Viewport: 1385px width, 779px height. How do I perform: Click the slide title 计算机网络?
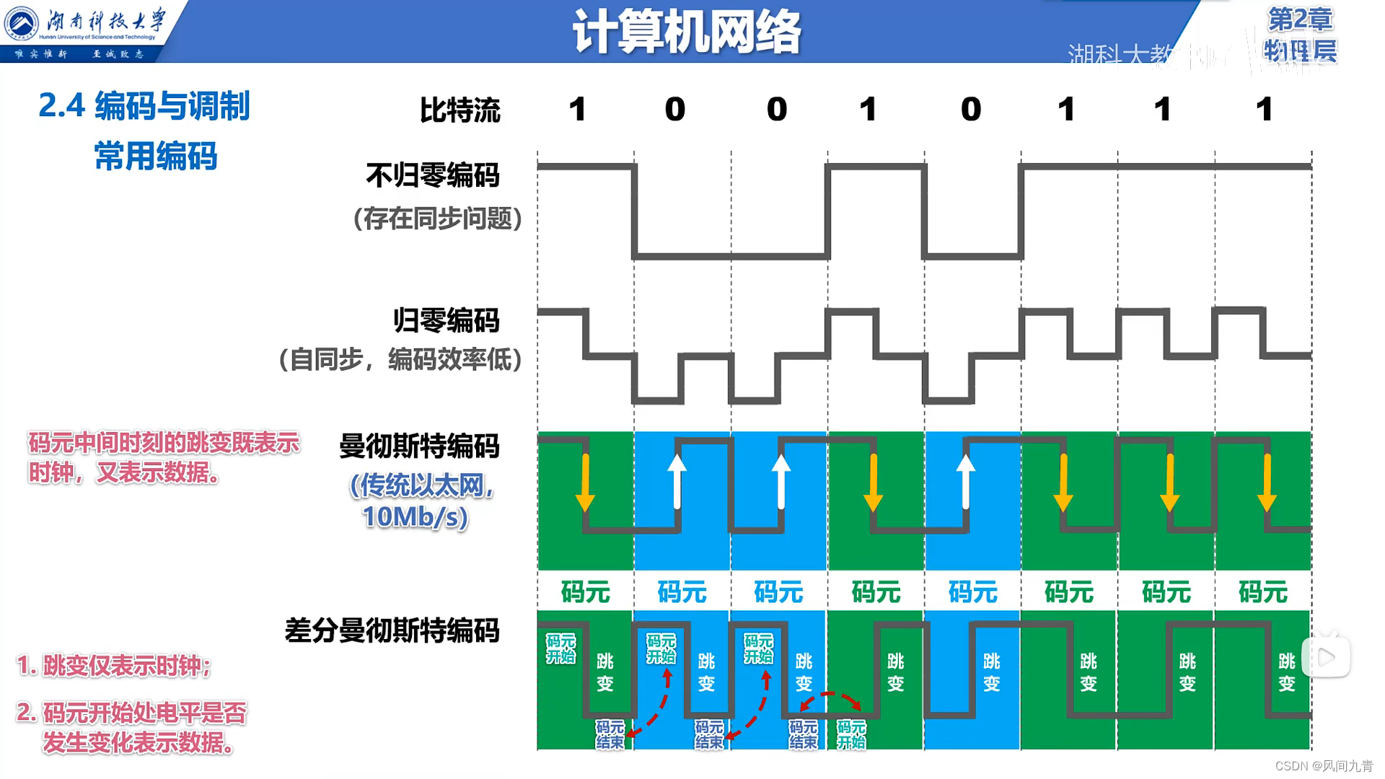[x=686, y=32]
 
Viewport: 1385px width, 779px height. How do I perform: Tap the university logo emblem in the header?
[x=21, y=23]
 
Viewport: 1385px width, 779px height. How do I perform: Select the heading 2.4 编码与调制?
[x=144, y=106]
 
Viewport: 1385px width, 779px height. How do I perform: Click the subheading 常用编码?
[x=155, y=157]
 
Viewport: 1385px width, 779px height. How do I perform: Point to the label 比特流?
[x=460, y=110]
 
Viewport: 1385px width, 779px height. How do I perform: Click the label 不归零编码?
[x=432, y=175]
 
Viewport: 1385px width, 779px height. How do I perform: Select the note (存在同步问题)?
[x=437, y=219]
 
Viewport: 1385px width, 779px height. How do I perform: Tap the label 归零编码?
[x=446, y=320]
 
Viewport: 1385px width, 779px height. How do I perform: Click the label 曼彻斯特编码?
[x=419, y=446]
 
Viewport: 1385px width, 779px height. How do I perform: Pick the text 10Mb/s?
[x=415, y=517]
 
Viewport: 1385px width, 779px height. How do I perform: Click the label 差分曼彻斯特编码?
[x=392, y=631]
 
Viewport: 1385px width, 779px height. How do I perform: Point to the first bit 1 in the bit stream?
[x=577, y=110]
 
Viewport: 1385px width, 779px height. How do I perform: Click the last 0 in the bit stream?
[x=971, y=110]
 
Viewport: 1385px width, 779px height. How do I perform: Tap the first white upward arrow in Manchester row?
[x=677, y=481]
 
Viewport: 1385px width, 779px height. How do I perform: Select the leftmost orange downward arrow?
[x=585, y=483]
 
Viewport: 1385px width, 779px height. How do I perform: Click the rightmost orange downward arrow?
[x=1267, y=483]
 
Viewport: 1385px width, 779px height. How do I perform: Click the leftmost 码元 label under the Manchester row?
[x=585, y=592]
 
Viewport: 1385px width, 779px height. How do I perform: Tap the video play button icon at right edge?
[x=1326, y=657]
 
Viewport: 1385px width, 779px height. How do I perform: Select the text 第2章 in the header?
[x=1300, y=19]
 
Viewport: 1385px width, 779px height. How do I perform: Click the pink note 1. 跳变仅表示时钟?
[x=113, y=666]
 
